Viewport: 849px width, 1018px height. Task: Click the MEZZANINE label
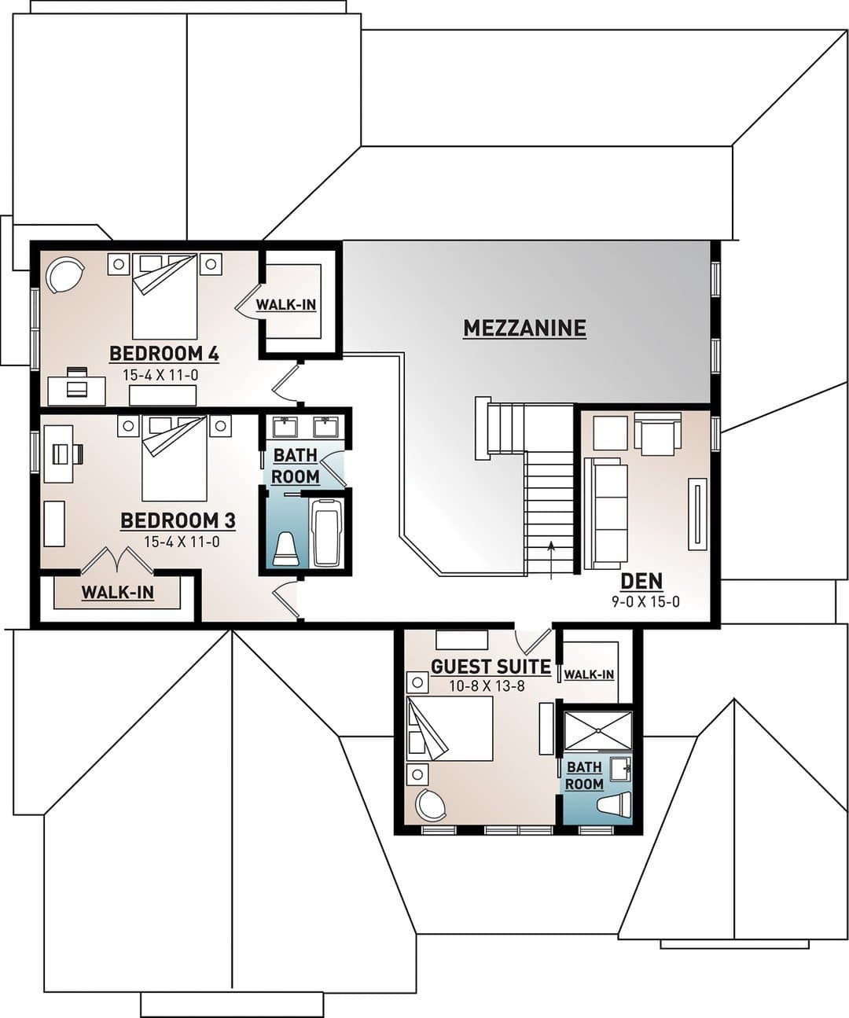pos(524,328)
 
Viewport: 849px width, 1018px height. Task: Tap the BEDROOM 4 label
pos(164,354)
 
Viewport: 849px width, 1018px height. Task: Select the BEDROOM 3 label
pos(178,520)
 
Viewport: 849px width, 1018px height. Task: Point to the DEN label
pos(641,581)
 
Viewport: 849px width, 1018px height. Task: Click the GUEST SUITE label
pos(491,667)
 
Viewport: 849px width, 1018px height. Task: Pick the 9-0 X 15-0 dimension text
pos(645,602)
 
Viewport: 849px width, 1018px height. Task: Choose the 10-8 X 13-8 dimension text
pos(487,686)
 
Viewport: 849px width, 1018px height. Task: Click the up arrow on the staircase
pos(551,560)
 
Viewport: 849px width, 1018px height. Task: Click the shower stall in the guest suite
pos(597,730)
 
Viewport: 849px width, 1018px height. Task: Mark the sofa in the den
pos(605,513)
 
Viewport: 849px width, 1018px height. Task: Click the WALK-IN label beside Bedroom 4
pos(286,305)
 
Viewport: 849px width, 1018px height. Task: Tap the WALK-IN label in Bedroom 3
pos(118,593)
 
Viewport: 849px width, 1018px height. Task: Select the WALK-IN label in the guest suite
pos(589,674)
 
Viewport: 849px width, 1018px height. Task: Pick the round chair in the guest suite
pos(431,804)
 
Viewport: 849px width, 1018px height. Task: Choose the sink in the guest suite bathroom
pos(621,769)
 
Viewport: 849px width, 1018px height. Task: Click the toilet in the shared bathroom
pos(286,549)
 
